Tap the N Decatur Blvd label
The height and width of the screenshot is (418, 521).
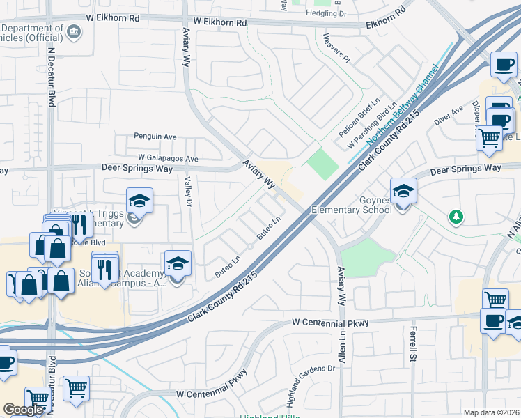51,77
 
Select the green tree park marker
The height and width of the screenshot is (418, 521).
456,217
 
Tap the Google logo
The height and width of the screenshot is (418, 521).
24,410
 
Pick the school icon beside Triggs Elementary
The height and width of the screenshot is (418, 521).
139,201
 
